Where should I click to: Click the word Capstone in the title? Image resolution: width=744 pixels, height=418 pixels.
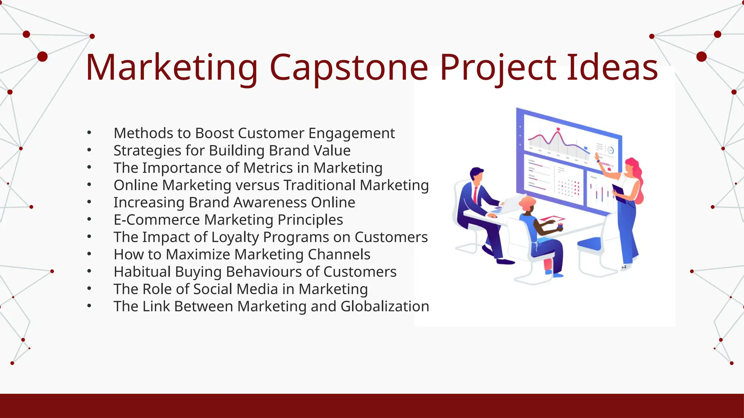(349, 68)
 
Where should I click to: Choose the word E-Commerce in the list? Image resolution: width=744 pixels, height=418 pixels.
(157, 220)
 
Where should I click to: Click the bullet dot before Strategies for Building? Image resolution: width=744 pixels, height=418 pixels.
(89, 150)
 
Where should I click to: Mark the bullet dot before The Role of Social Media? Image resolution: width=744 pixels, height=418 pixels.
(89, 289)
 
